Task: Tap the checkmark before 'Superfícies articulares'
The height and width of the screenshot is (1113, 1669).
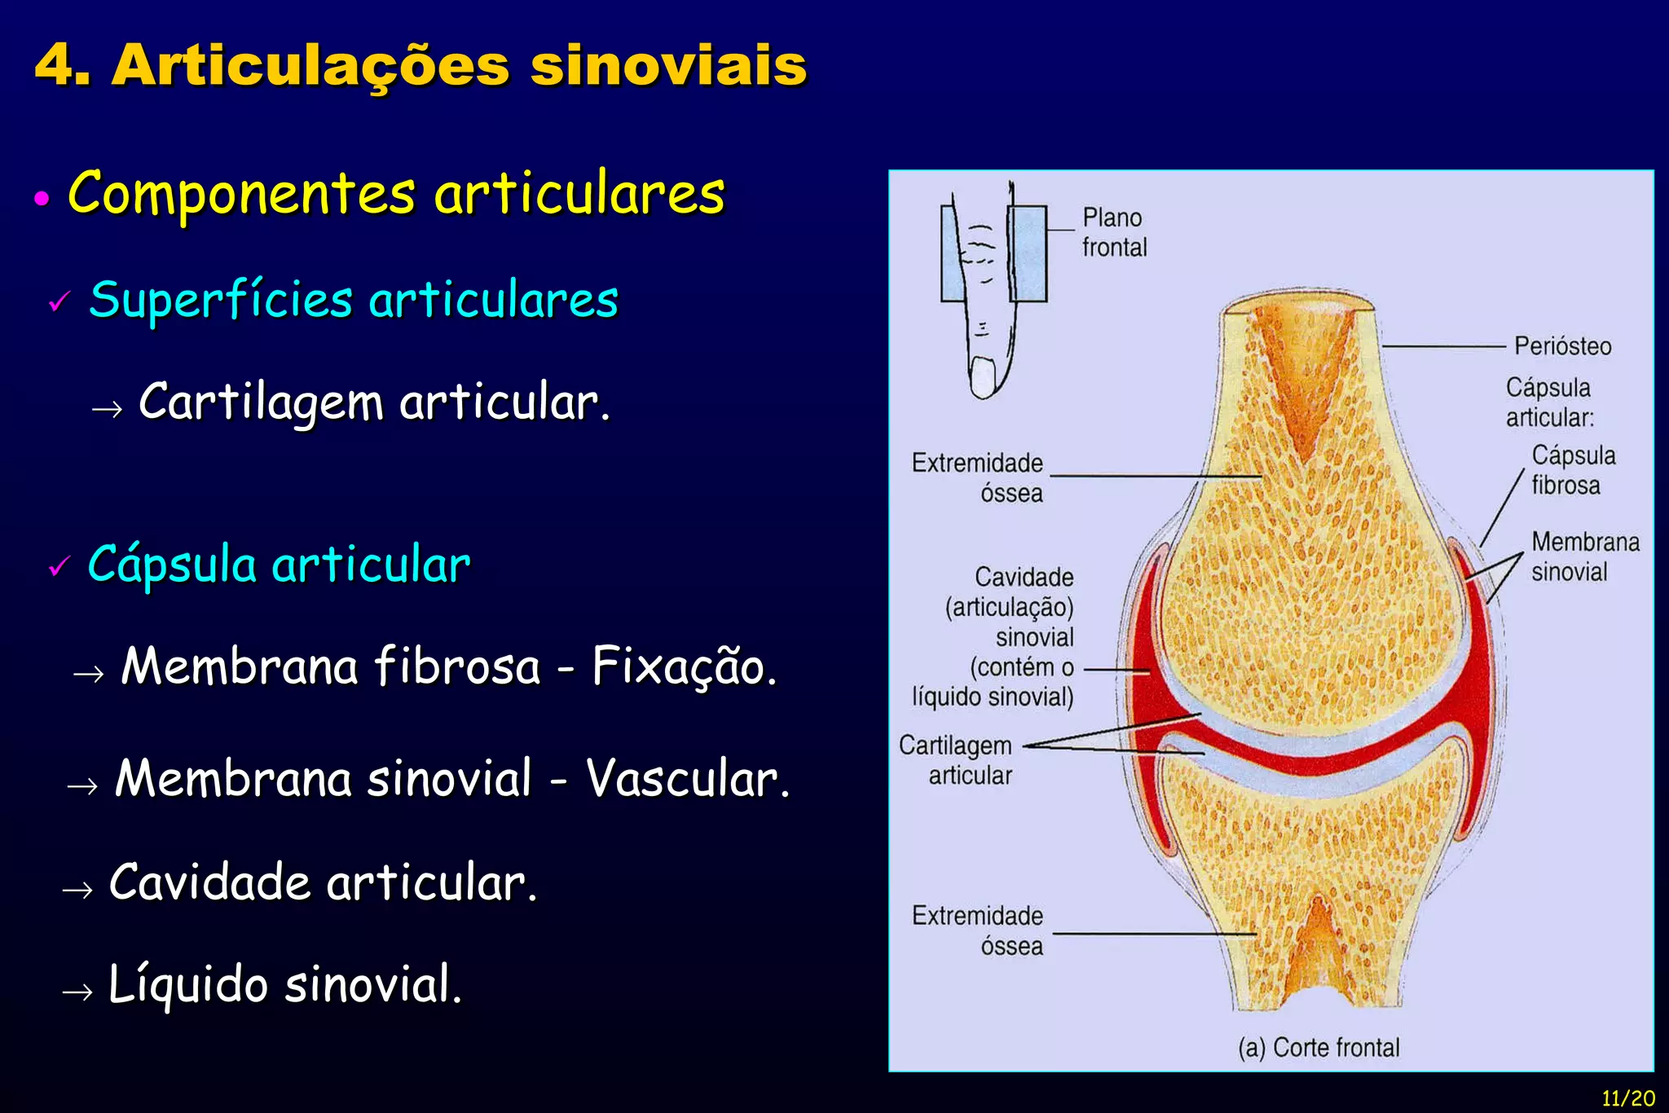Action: [59, 301]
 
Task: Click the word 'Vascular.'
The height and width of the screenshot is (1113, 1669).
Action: [688, 779]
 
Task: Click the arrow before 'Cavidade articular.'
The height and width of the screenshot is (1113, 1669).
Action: [77, 889]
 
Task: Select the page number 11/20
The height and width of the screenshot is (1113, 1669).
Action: [1627, 1098]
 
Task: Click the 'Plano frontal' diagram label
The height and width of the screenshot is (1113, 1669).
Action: [1113, 232]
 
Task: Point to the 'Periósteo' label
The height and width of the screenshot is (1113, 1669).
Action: [1562, 346]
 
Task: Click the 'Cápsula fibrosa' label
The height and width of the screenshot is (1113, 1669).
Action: [1572, 470]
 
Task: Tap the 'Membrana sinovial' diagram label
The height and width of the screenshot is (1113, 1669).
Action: [1584, 556]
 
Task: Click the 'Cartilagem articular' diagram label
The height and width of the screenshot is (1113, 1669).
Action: [956, 760]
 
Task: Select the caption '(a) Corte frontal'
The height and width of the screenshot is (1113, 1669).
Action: [1318, 1048]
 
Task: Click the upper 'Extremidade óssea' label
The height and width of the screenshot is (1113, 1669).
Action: [977, 477]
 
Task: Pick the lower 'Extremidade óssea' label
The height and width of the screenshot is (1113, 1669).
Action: [977, 930]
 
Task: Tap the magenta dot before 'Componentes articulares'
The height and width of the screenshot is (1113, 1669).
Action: [42, 198]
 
